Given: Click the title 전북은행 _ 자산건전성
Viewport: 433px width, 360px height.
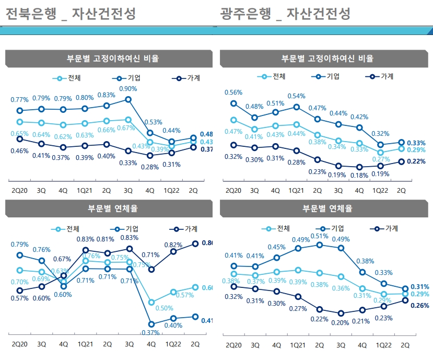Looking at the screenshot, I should (x=70, y=14).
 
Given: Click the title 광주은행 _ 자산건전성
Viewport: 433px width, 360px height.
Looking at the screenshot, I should (x=285, y=14).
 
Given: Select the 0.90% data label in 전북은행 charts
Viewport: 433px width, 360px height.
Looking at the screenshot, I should (x=128, y=88).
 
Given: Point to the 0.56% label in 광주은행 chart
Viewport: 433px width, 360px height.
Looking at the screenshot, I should (x=233, y=92).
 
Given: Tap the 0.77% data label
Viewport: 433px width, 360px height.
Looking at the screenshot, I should (x=20, y=100).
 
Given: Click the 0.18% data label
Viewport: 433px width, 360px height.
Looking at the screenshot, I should (x=359, y=176).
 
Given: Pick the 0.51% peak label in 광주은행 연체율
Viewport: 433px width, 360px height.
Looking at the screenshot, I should (x=319, y=236).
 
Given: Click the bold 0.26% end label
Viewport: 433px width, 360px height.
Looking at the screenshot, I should (x=420, y=306).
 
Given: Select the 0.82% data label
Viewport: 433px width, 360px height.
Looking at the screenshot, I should (x=173, y=245).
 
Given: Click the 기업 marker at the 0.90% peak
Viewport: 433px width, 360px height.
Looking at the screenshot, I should (x=128, y=99).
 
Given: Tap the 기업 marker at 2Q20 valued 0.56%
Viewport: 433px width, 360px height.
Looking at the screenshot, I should (x=233, y=103).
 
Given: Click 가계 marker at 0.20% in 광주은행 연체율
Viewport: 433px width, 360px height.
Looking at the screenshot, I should (x=341, y=313).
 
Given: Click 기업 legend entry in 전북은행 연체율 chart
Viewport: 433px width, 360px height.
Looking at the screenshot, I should (x=126, y=229).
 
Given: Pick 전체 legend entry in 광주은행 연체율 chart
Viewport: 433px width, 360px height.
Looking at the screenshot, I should (x=276, y=228).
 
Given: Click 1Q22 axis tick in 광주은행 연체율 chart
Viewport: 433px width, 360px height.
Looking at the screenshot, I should (x=383, y=345).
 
